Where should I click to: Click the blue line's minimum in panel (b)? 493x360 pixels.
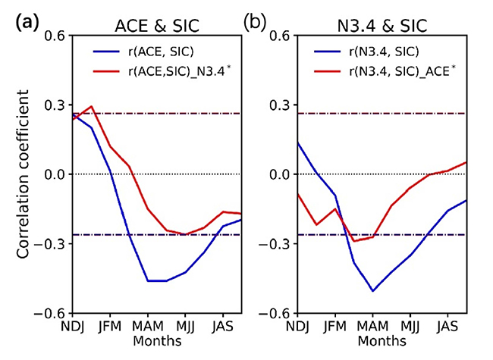click(x=372, y=291)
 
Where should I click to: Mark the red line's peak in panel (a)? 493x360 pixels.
click(x=91, y=106)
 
